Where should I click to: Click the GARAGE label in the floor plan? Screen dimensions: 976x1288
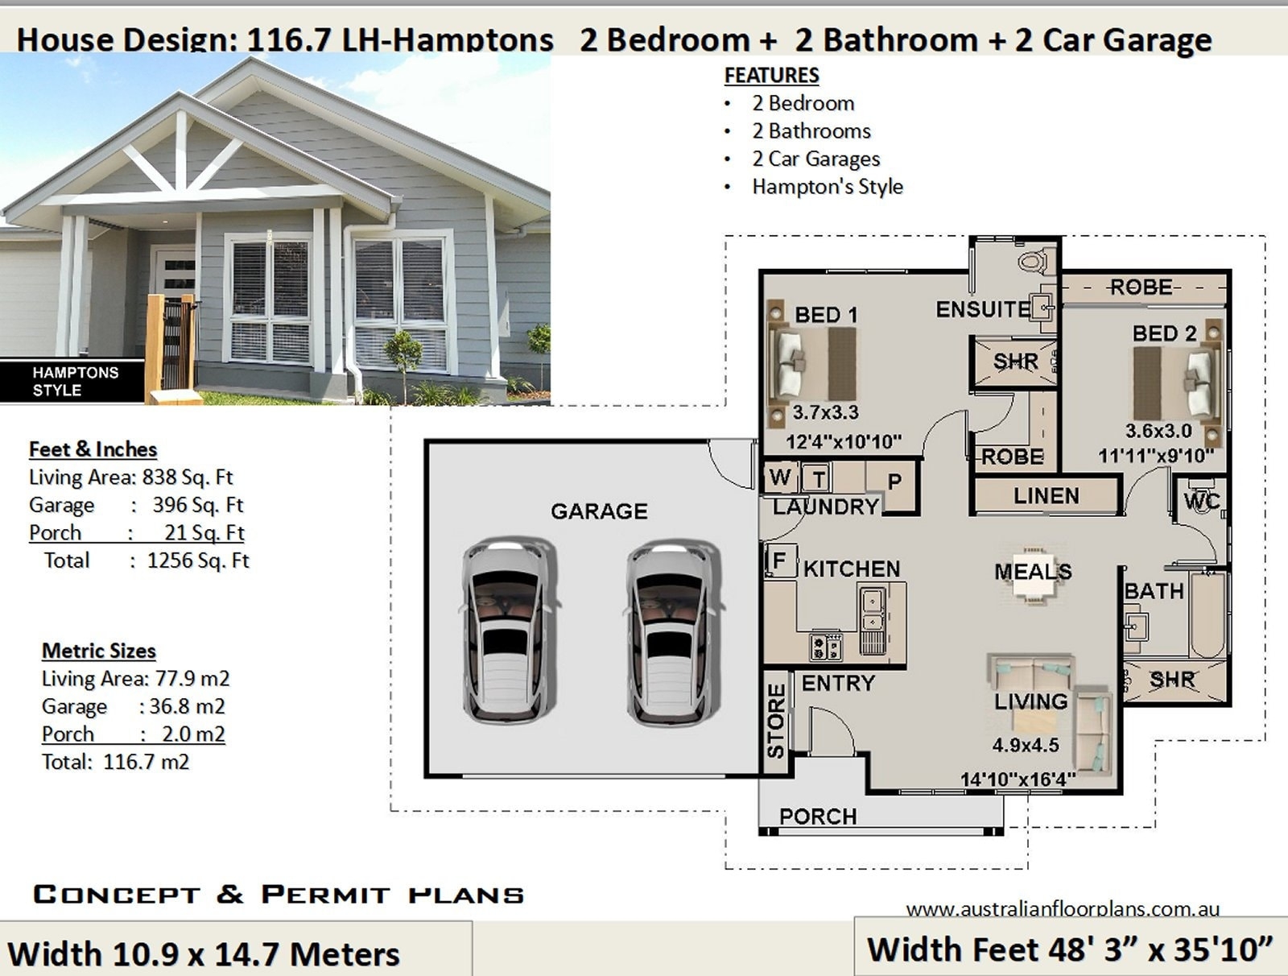click(x=599, y=511)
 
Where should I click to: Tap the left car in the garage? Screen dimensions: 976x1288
click(x=509, y=631)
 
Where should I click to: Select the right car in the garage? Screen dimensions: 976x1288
click(x=672, y=631)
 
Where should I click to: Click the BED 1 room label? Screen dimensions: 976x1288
click(x=825, y=315)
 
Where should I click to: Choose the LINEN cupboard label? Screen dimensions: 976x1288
click(x=1046, y=496)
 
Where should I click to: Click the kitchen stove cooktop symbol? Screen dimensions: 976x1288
click(x=826, y=646)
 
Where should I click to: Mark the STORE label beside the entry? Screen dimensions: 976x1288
click(x=776, y=721)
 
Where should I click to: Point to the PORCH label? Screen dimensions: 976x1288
click(x=817, y=817)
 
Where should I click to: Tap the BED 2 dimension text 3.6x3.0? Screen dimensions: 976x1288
click(x=1158, y=431)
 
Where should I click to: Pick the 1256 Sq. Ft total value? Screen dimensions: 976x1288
click(x=198, y=560)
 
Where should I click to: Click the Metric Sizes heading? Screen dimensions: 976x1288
click(x=98, y=651)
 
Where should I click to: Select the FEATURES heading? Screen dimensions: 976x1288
click(x=771, y=75)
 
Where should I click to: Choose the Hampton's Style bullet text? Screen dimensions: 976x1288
click(x=827, y=187)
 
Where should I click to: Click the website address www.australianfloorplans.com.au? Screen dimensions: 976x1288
click(x=1062, y=909)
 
